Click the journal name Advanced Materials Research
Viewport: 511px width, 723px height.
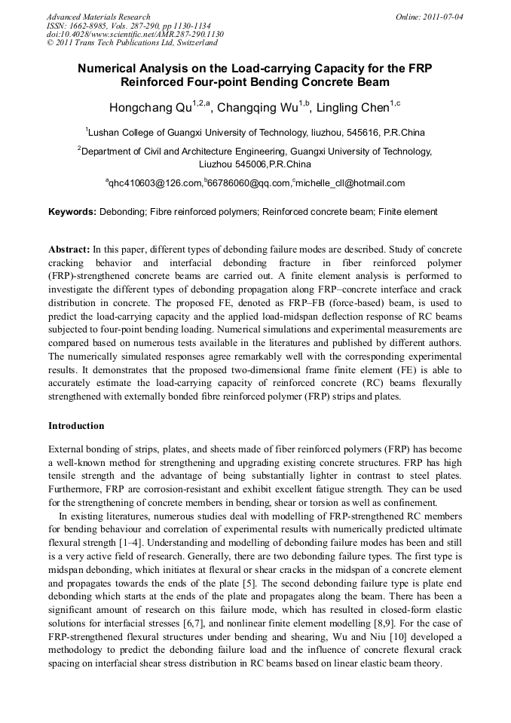click(98, 17)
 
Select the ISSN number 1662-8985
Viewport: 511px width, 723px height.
click(90, 26)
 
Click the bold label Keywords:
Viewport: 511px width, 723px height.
click(72, 213)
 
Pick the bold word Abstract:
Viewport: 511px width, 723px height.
click(69, 249)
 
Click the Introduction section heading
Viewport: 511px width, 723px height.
click(76, 426)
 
